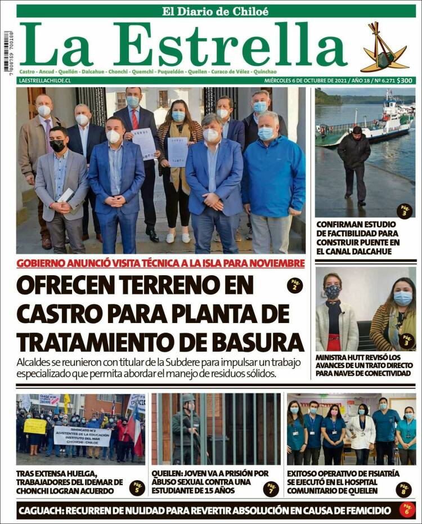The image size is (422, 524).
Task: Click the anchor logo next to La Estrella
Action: click(x=383, y=49)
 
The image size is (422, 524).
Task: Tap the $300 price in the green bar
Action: click(x=405, y=80)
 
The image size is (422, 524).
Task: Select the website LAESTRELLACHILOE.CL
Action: click(x=44, y=80)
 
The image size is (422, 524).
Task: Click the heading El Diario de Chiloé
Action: click(x=216, y=11)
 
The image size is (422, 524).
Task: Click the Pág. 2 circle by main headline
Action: click(x=294, y=285)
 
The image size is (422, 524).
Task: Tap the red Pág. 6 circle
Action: click(x=407, y=509)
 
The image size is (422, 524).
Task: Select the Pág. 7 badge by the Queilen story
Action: click(x=271, y=489)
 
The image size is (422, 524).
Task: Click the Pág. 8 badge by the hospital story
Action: click(x=403, y=489)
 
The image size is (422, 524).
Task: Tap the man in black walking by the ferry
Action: click(x=354, y=163)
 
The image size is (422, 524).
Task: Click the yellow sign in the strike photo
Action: click(x=35, y=426)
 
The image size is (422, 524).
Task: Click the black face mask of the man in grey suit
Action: click(x=57, y=146)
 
